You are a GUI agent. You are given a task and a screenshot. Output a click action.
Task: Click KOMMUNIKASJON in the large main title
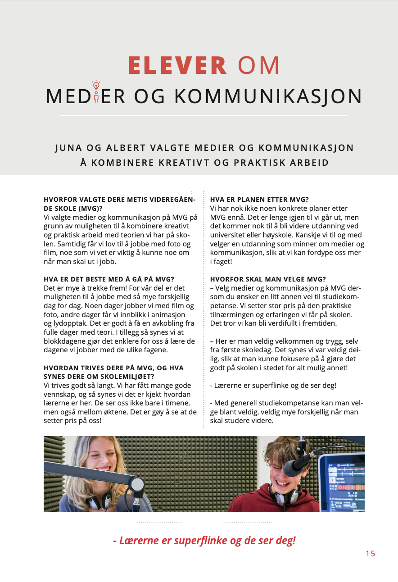click(x=268, y=96)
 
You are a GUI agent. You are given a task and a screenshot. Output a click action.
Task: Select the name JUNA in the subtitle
click(x=69, y=148)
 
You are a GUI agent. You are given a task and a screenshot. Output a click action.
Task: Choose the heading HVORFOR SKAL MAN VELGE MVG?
click(x=268, y=279)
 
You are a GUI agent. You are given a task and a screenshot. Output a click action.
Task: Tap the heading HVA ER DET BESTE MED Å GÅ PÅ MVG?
click(x=109, y=279)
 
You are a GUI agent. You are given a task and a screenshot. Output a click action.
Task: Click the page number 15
click(x=370, y=554)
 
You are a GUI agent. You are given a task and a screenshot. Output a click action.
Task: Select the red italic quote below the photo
click(x=204, y=540)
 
